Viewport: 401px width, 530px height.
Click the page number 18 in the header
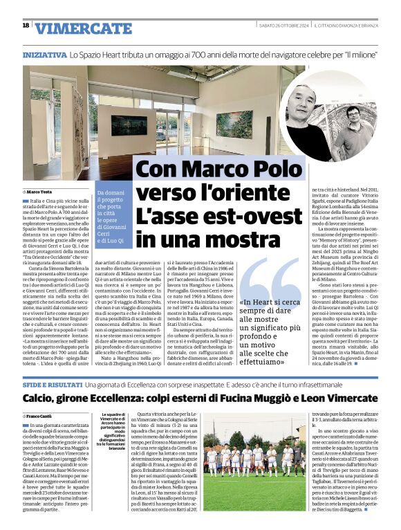[26, 26]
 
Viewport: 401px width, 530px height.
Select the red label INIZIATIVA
[44, 54]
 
